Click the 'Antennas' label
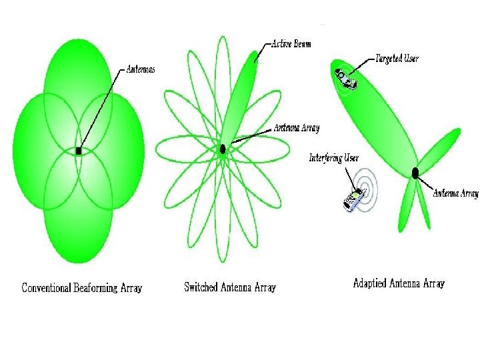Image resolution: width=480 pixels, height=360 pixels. [141, 69]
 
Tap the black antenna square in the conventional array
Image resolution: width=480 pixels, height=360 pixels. [79, 151]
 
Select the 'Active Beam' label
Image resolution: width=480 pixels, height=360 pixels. [291, 44]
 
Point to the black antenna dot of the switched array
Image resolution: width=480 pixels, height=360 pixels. [223, 149]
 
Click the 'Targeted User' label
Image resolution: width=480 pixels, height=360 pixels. [397, 59]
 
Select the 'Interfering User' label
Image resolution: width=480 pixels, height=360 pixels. [334, 158]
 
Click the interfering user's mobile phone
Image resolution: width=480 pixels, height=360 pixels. [353, 200]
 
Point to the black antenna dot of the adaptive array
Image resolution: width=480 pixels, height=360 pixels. [415, 173]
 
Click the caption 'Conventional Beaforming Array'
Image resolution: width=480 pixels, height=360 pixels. [82, 288]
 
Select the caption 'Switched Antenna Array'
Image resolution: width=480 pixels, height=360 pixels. [230, 287]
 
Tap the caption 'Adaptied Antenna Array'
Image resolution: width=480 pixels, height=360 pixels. [399, 283]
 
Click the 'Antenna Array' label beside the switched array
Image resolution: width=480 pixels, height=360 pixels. [297, 128]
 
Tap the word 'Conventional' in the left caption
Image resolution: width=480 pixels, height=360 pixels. [47, 288]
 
